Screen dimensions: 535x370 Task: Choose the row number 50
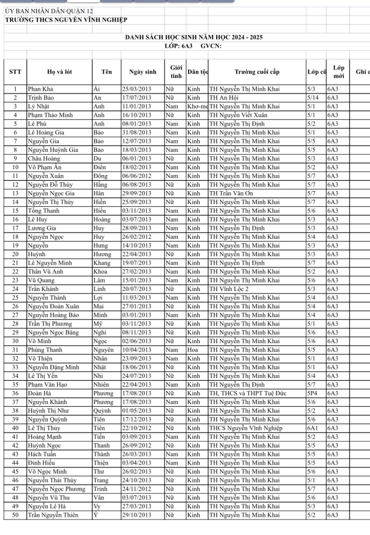coord(15,515)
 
